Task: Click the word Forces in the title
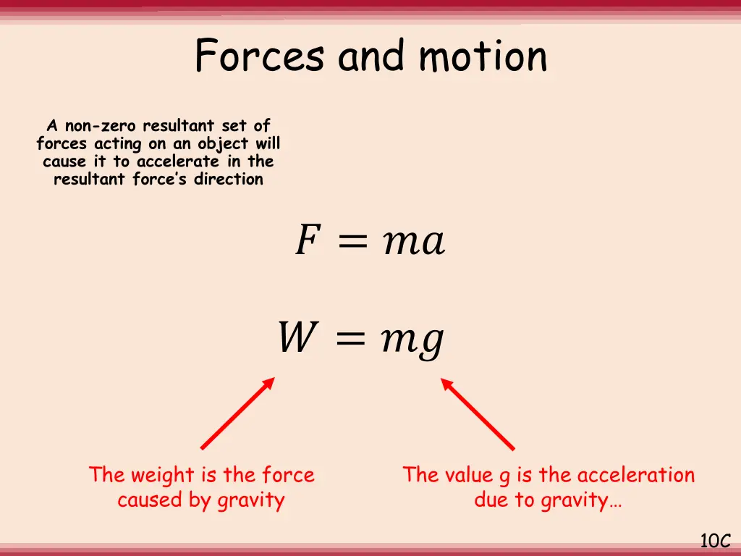258,56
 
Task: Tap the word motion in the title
483,56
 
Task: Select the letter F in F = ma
305,241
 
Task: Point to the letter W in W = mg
295,338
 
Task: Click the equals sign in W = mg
353,339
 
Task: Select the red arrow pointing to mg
478,413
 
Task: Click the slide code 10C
715,540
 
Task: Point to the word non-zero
101,127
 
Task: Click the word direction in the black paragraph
228,179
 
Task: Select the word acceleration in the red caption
636,475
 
